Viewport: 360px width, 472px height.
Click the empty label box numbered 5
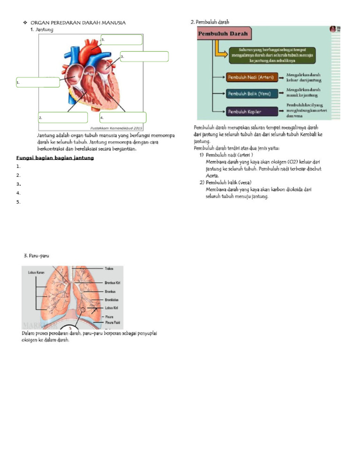pos(121,39)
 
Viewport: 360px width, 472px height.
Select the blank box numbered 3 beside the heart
pos(144,56)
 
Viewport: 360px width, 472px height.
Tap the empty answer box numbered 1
pos(37,82)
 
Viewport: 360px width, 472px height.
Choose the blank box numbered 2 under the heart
pos(63,117)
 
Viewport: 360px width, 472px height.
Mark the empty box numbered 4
pos(123,117)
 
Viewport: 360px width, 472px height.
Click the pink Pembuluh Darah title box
pos(224,34)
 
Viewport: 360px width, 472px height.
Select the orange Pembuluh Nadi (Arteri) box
pos(250,77)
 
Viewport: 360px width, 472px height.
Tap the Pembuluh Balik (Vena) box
pos(250,94)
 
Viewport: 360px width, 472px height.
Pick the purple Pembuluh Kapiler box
pos(250,111)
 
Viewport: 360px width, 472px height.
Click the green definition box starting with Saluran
pos(271,54)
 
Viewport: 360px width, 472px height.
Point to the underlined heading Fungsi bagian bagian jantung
pos(55,158)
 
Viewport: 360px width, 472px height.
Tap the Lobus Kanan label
pos(30,272)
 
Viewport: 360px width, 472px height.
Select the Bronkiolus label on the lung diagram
pos(111,299)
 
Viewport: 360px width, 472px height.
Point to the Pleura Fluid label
pos(113,323)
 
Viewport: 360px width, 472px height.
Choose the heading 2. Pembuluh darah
pos(210,22)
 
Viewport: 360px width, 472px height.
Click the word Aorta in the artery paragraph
pos(212,175)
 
